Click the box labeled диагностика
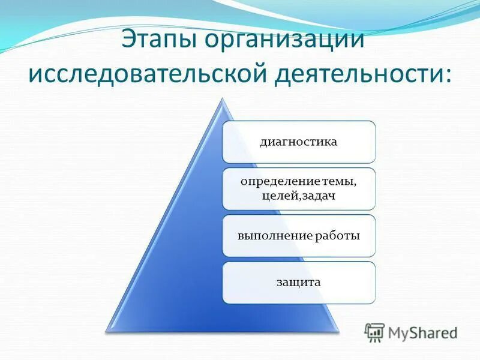click(x=299, y=142)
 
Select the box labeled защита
click(x=299, y=282)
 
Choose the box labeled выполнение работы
click(x=299, y=236)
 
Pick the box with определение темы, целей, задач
click(x=299, y=189)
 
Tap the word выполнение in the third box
click(x=274, y=236)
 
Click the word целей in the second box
click(x=277, y=197)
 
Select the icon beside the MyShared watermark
click(x=375, y=331)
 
